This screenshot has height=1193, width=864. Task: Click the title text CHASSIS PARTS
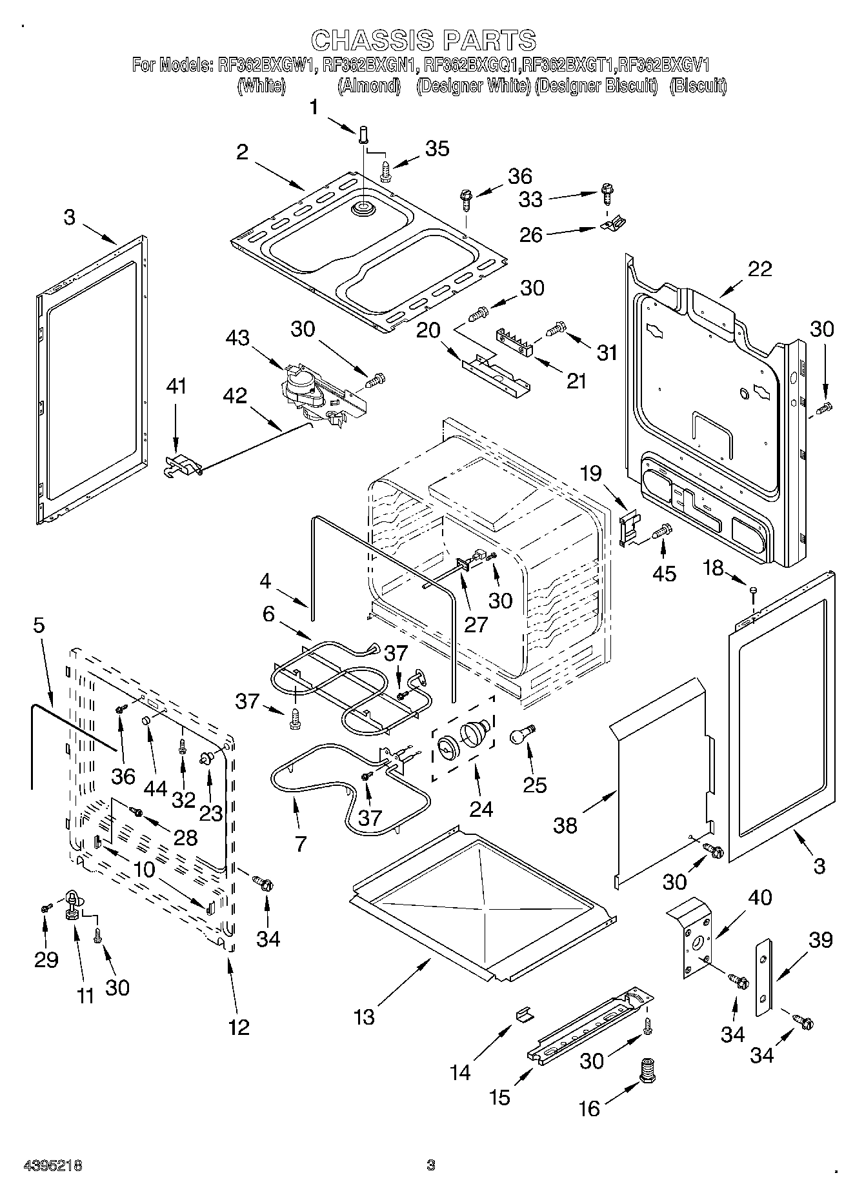(424, 40)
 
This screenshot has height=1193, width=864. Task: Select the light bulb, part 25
(521, 735)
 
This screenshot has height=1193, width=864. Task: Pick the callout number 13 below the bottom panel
(364, 1017)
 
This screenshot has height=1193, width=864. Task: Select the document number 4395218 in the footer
(53, 1166)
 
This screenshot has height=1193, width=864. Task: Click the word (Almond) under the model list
(369, 86)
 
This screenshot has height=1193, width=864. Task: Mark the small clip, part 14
(525, 1014)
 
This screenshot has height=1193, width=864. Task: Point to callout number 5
(39, 625)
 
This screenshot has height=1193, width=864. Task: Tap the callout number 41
(176, 386)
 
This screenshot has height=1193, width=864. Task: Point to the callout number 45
(665, 574)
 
